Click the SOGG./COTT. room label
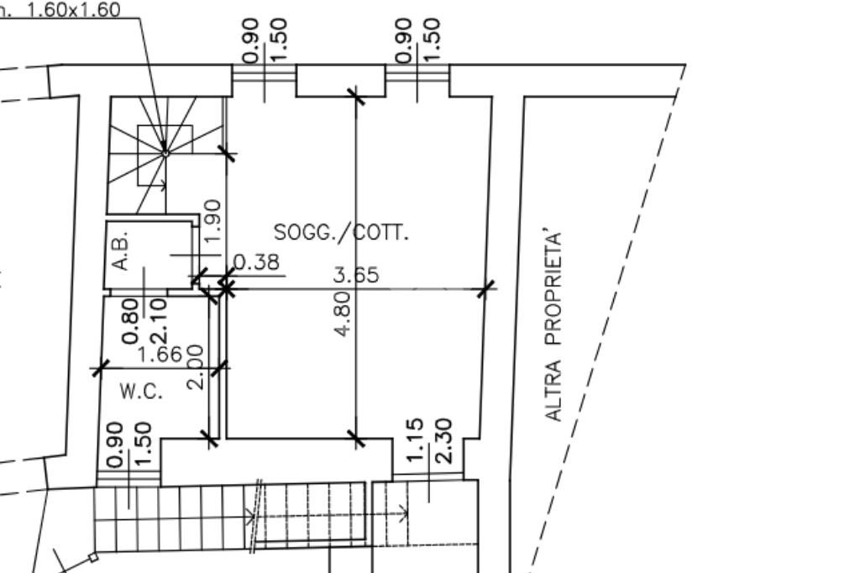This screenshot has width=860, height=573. [341, 233]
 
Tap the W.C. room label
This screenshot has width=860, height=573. [141, 392]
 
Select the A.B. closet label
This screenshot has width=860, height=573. [121, 250]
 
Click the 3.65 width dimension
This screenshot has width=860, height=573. [356, 275]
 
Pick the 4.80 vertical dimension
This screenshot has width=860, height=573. [343, 313]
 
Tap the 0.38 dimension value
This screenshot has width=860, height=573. [257, 262]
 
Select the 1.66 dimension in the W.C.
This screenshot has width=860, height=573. [160, 354]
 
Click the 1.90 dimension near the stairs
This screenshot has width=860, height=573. [212, 220]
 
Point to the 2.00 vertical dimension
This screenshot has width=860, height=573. [195, 366]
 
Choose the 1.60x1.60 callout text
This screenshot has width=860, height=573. [74, 10]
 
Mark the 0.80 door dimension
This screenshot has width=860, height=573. [129, 321]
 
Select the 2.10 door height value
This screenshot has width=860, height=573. [157, 322]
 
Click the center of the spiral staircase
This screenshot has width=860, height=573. [165, 154]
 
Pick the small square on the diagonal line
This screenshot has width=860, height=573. [93, 558]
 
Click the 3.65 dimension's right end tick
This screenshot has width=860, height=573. [485, 288]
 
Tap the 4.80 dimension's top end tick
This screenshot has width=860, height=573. [356, 96]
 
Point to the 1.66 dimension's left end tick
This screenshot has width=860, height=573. [100, 368]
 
